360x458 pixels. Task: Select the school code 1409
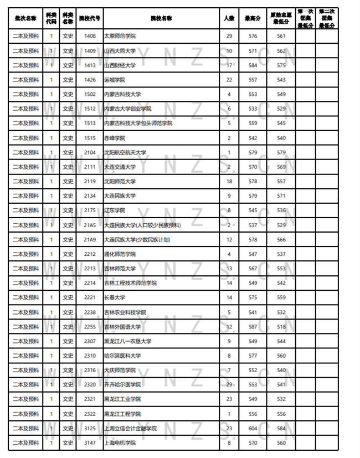point(90,51)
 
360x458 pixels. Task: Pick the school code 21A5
point(90,225)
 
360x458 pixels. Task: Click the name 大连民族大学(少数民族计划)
point(137,240)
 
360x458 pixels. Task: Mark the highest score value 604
point(253,429)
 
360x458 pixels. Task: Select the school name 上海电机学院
point(120,443)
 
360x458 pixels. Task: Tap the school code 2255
point(90,327)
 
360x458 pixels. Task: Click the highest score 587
point(253,327)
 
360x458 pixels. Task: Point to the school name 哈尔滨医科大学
point(122,356)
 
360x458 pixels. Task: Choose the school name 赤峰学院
point(115,138)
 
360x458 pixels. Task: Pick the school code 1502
point(90,94)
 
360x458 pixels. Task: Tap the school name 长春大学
point(115,298)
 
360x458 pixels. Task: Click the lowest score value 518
point(281,327)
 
